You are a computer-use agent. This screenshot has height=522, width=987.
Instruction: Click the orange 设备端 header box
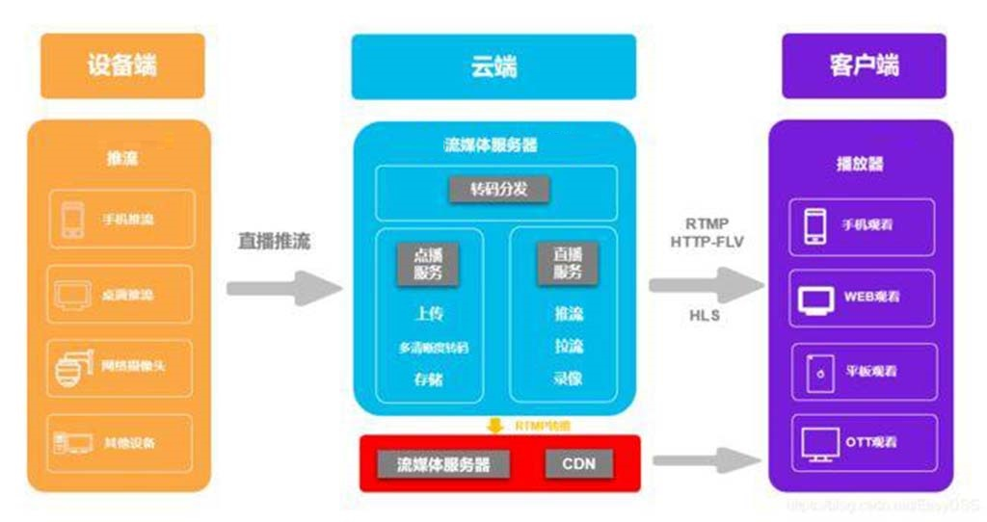point(121,65)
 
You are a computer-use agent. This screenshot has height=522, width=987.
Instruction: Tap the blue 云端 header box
point(493,66)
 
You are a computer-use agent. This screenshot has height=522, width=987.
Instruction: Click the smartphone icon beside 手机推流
point(73,220)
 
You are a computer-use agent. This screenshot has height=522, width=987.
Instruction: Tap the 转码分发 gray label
point(498,189)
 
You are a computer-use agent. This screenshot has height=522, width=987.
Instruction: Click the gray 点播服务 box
point(428,263)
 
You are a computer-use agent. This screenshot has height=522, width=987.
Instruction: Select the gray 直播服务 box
point(567,263)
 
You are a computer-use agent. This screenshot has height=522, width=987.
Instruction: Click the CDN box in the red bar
point(578,464)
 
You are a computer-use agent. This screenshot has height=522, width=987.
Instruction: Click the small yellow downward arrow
point(494,425)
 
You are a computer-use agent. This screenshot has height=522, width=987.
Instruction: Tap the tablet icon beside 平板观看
point(817,372)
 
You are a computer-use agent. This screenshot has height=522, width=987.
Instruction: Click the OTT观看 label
point(871,442)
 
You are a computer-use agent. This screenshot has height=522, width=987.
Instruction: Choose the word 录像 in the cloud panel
point(568,378)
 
